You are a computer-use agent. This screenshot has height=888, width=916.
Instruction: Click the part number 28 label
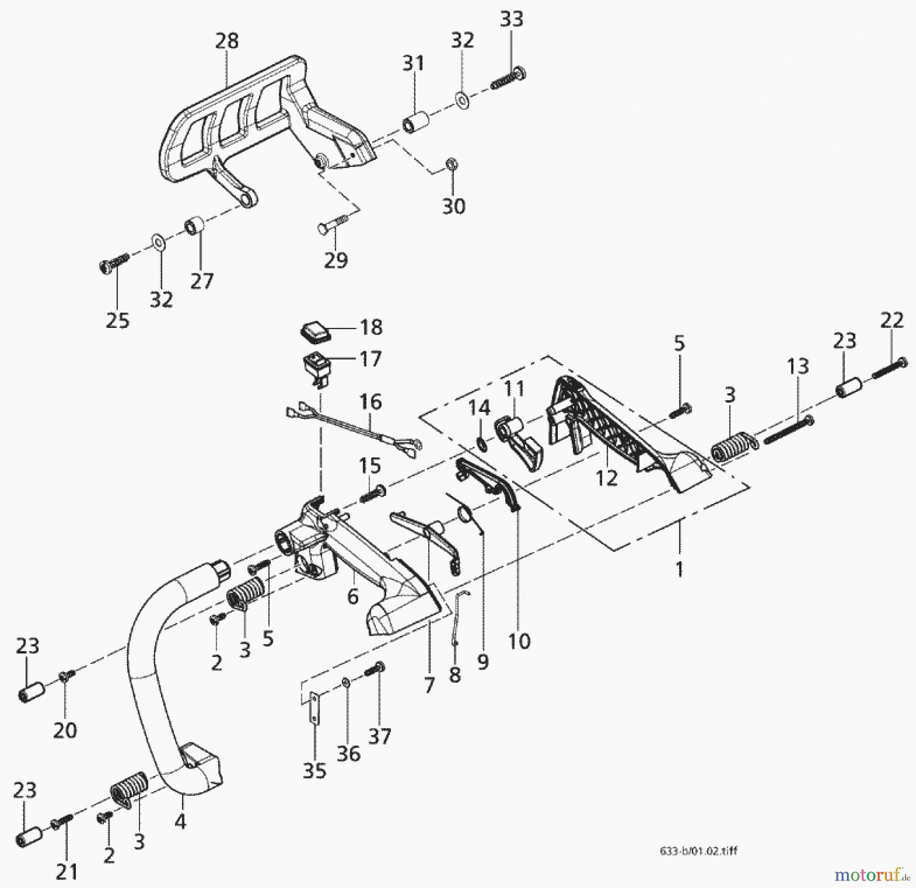(227, 41)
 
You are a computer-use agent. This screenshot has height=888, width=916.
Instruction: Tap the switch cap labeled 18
(313, 330)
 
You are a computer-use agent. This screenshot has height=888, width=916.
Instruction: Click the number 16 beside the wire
(370, 402)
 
